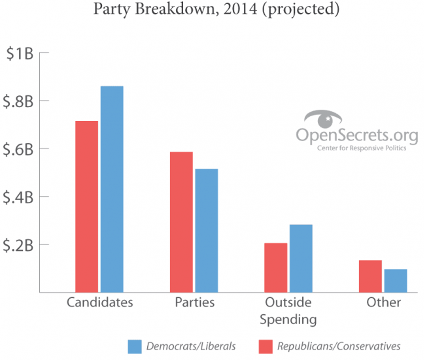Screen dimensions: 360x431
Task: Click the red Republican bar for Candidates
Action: (x=87, y=206)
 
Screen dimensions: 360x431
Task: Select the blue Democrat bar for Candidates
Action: (x=112, y=189)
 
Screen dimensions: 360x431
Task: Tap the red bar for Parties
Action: (x=181, y=222)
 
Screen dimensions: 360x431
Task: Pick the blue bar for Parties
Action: (x=206, y=231)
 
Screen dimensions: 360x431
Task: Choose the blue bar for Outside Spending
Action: (x=301, y=259)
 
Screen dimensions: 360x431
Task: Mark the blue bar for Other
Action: (x=395, y=281)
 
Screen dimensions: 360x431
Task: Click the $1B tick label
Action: (x=20, y=54)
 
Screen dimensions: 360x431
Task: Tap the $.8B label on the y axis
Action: (x=20, y=101)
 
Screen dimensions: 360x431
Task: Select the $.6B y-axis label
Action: (x=20, y=149)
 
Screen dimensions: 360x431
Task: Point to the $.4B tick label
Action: (x=20, y=197)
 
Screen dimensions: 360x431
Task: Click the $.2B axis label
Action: (x=20, y=245)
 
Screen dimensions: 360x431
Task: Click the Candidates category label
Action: (x=100, y=303)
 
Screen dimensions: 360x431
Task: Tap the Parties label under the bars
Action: (x=194, y=303)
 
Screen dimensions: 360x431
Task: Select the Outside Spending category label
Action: (x=288, y=311)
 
